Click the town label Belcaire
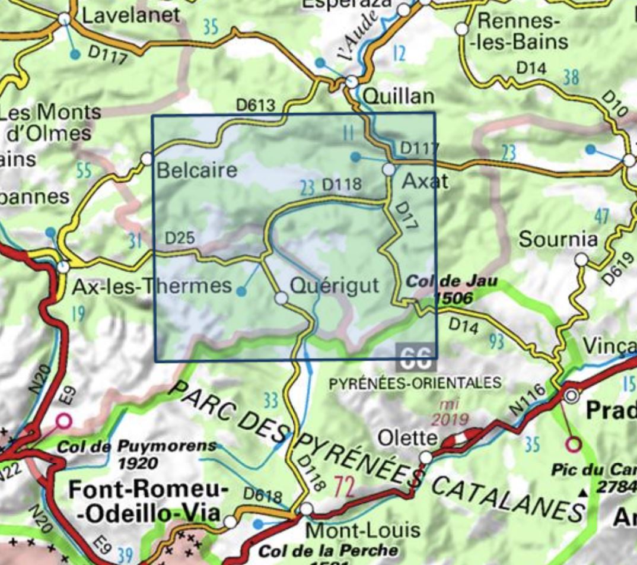[196, 171]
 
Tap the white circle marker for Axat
[388, 170]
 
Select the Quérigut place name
[334, 285]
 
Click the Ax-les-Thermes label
[151, 286]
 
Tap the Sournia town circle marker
[581, 260]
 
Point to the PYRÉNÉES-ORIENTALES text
[415, 383]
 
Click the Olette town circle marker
[426, 458]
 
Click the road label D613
[256, 106]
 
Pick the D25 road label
[180, 239]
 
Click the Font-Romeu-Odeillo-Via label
[148, 502]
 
